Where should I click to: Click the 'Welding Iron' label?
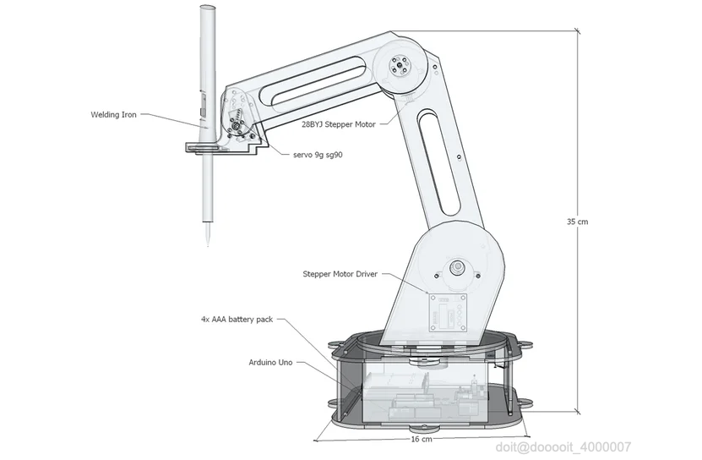tap(113, 115)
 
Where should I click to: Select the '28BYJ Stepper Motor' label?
tap(338, 123)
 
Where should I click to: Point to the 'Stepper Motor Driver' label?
tap(340, 274)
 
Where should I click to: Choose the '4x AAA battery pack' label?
tap(237, 320)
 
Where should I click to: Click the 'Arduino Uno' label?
tap(272, 361)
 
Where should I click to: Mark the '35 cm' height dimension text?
tap(577, 222)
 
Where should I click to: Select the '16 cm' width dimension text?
tap(421, 440)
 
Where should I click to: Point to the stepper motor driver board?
tap(449, 312)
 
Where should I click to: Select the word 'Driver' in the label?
tap(365, 274)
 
